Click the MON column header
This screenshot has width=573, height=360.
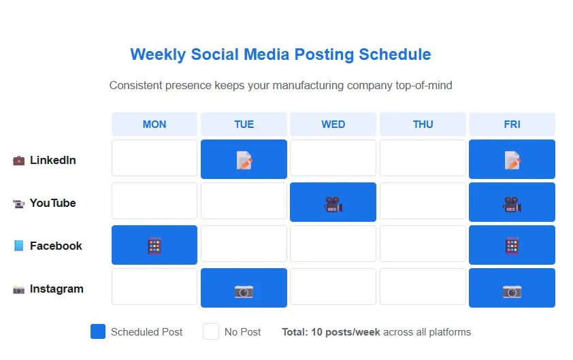pyautogui.click(x=154, y=125)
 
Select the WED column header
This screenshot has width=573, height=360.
pyautogui.click(x=333, y=125)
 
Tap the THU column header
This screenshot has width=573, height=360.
pyautogui.click(x=423, y=125)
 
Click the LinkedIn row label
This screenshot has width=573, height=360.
pyautogui.click(x=52, y=161)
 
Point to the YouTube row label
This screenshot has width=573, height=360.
pyautogui.click(x=52, y=203)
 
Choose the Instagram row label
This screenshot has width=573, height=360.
pyautogui.click(x=56, y=289)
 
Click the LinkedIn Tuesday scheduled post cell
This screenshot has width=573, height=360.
pyautogui.click(x=244, y=159)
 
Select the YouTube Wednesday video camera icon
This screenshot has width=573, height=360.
pyautogui.click(x=333, y=203)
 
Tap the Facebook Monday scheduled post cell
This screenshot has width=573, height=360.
pyautogui.click(x=154, y=245)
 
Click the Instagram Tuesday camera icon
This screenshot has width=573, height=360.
pyautogui.click(x=244, y=291)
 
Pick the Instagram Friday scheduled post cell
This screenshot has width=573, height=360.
pyautogui.click(x=512, y=288)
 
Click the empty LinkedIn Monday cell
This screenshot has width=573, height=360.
pyautogui.click(x=154, y=158)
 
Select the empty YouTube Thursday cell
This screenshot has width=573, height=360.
pyautogui.click(x=423, y=201)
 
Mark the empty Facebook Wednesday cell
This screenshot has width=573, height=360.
pyautogui.click(x=333, y=244)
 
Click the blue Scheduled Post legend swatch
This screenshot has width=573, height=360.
pyautogui.click(x=98, y=331)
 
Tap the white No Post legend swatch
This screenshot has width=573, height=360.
pyautogui.click(x=211, y=331)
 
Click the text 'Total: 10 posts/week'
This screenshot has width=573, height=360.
pyautogui.click(x=331, y=332)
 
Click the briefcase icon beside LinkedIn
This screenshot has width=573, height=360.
pyautogui.click(x=18, y=161)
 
